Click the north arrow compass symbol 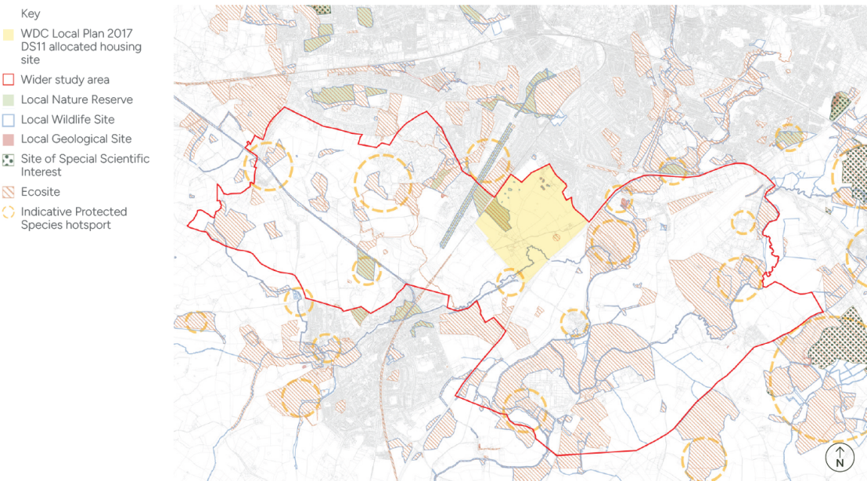click(840, 457)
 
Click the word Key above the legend click(31, 13)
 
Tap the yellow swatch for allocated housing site click(9, 35)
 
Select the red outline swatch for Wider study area click(9, 80)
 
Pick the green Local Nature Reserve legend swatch click(9, 100)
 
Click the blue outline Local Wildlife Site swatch click(9, 120)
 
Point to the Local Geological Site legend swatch click(9, 139)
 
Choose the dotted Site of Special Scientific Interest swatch click(9, 160)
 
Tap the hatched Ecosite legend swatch click(9, 192)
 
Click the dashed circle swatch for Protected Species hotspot click(9, 212)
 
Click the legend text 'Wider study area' click(65, 80)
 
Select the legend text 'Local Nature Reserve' click(77, 100)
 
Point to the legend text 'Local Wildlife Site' click(67, 120)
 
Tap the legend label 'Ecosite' click(41, 192)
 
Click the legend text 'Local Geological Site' click(76, 139)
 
